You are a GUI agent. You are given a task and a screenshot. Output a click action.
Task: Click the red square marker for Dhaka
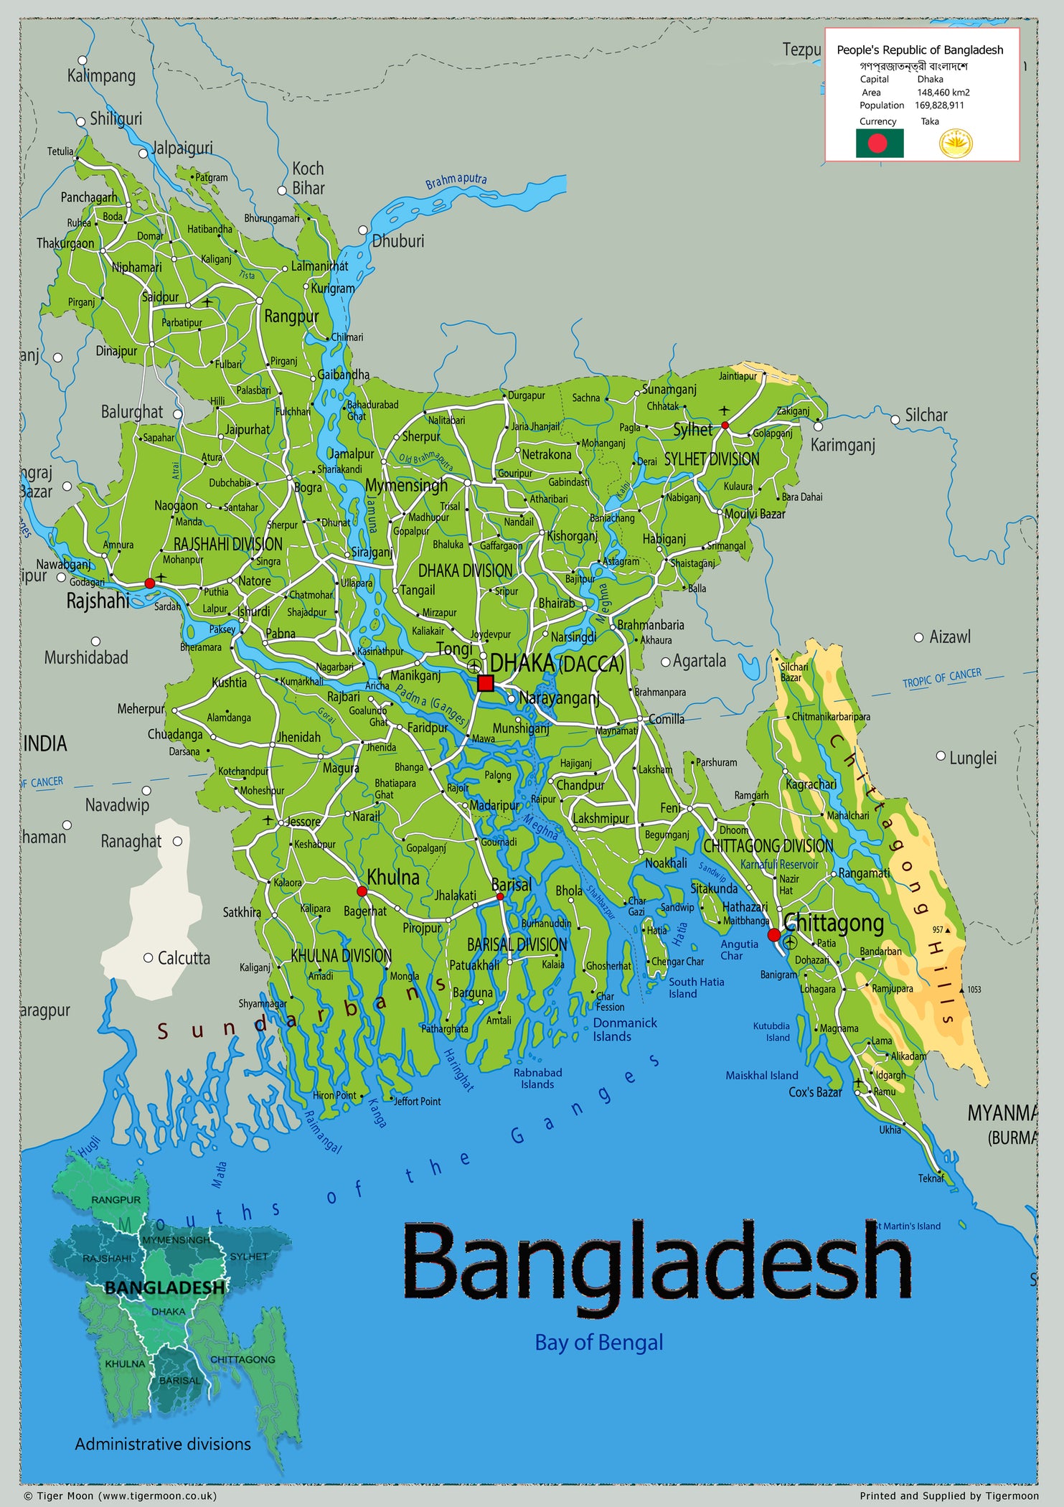pos(486,682)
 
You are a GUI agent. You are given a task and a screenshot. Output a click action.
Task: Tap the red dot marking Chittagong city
pos(773,934)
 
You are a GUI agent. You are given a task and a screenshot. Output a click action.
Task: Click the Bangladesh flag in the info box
pos(880,144)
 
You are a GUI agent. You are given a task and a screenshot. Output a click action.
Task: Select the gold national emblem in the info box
pos(956,144)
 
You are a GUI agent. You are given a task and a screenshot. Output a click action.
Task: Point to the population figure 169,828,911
pos(939,105)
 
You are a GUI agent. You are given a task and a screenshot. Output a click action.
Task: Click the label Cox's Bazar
pos(815,1092)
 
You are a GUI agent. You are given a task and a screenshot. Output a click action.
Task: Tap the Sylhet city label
pos(692,430)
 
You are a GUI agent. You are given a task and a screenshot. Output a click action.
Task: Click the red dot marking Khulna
pos(362,891)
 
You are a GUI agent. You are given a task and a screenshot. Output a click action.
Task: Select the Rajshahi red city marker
pos(149,583)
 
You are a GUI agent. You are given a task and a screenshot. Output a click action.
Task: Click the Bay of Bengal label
pos(599,1342)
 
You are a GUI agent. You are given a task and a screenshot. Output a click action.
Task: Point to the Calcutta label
pos(184,958)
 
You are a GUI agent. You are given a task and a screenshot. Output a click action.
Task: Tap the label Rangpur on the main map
pos(291,316)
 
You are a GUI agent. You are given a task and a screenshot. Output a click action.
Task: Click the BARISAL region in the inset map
pos(179,1380)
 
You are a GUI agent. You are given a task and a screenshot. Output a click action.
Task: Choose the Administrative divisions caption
pos(163,1444)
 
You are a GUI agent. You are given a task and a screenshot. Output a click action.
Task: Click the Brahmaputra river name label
pos(456,181)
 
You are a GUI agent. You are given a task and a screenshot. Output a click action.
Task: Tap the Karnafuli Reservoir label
pos(779,864)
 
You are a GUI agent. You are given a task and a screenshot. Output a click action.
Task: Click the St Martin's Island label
pos(908,1226)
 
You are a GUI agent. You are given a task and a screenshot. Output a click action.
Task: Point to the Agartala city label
pos(699,661)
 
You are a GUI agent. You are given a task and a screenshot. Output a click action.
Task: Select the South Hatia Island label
pos(696,987)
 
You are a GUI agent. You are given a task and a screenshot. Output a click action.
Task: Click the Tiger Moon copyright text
pos(120,1496)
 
